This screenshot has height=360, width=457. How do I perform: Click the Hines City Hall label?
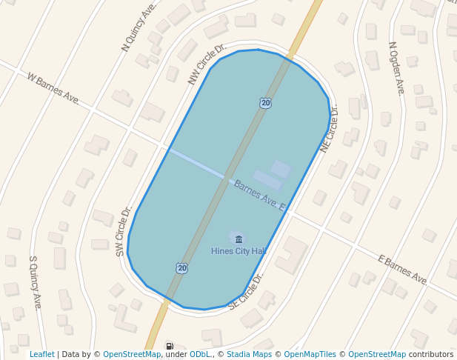pyautogui.click(x=238, y=251)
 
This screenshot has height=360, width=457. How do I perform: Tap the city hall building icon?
pyautogui.click(x=238, y=239)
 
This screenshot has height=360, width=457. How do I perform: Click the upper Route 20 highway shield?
pyautogui.click(x=265, y=103)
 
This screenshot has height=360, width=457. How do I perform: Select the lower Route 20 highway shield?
pyautogui.click(x=181, y=267)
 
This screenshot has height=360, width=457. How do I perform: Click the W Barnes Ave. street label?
pyautogui.click(x=53, y=87)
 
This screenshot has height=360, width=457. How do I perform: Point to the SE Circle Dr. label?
pyautogui.click(x=247, y=291)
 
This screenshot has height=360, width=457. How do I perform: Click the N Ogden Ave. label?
pyautogui.click(x=397, y=67)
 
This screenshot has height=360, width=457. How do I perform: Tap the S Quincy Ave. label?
pyautogui.click(x=34, y=282)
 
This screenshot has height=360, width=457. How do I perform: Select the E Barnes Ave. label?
pyautogui.click(x=402, y=270)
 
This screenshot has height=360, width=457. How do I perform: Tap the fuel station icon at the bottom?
pyautogui.click(x=170, y=346)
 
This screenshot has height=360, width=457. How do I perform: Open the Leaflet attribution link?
pyautogui.click(x=41, y=354)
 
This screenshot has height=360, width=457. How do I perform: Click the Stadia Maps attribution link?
pyautogui.click(x=249, y=354)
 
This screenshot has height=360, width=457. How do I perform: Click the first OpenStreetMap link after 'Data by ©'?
pyautogui.click(x=131, y=354)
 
